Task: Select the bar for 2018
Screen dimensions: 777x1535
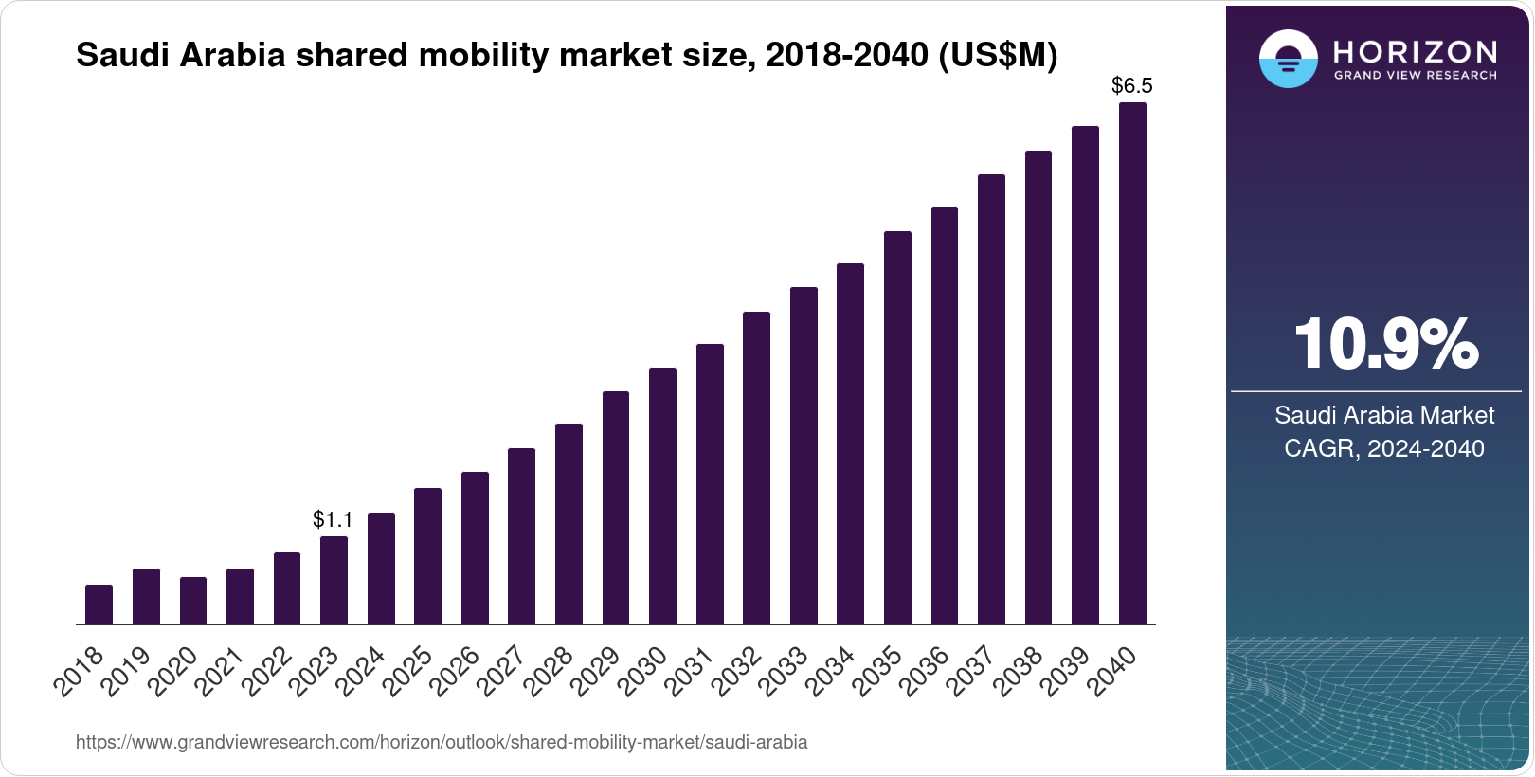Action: tap(99, 605)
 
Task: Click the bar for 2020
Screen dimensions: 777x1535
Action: tap(193, 601)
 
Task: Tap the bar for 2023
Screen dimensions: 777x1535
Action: tap(334, 580)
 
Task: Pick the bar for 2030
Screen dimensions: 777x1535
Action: tap(662, 496)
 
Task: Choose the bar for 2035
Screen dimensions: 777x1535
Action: tap(897, 427)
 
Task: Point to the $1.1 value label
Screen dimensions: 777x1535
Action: tap(333, 519)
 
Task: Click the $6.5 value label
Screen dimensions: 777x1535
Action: tap(1131, 86)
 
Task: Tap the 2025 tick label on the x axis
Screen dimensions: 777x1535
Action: tap(411, 670)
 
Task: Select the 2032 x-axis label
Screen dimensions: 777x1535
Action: tap(740, 670)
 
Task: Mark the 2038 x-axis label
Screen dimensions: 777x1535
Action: tap(1021, 670)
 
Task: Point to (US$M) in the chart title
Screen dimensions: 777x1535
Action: tap(997, 56)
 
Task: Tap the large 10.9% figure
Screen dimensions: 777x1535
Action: tap(1384, 345)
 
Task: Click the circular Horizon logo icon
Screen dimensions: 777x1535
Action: tap(1288, 59)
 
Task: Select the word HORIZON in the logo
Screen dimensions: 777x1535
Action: tap(1415, 51)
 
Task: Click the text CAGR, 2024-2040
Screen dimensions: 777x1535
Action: tap(1383, 448)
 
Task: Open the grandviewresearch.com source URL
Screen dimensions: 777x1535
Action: tap(442, 742)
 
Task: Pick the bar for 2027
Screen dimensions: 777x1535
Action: tap(521, 536)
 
